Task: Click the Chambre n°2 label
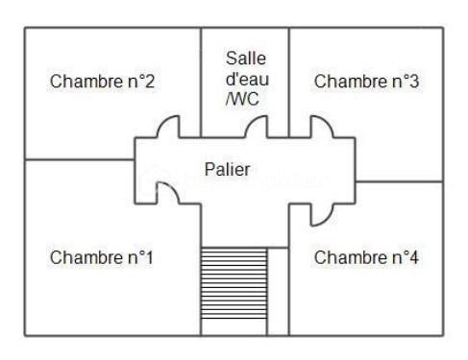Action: pyautogui.click(x=102, y=81)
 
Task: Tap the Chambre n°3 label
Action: pyautogui.click(x=366, y=81)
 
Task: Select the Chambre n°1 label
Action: pyautogui.click(x=102, y=257)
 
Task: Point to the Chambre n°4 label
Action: pyautogui.click(x=366, y=257)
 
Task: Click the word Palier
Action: pyautogui.click(x=228, y=170)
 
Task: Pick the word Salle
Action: pyautogui.click(x=244, y=59)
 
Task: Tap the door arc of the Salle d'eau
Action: pyautogui.click(x=257, y=127)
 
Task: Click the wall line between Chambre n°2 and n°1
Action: pyautogui.click(x=77, y=159)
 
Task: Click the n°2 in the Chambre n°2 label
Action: pyautogui.click(x=140, y=81)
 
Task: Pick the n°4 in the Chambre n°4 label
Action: pyautogui.click(x=405, y=257)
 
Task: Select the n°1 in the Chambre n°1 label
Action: pyautogui.click(x=140, y=257)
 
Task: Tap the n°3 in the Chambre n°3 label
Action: pyautogui.click(x=405, y=81)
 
